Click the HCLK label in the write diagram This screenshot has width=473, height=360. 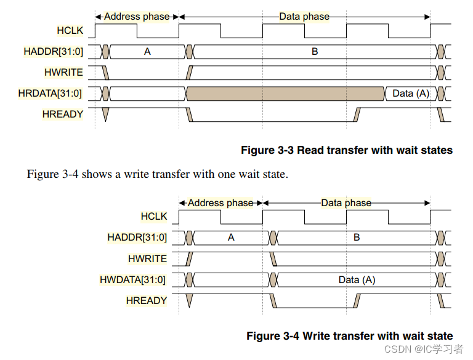(x=153, y=216)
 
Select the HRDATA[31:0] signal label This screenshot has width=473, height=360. (x=50, y=93)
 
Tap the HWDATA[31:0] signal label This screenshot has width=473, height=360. (x=132, y=279)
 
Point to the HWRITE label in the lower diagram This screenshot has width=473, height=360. (x=147, y=258)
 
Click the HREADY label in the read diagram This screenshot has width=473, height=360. (x=62, y=114)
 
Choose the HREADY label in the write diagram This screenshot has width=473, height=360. (x=146, y=300)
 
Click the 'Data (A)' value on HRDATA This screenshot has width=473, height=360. (x=411, y=94)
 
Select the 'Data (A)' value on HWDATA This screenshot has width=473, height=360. (x=357, y=279)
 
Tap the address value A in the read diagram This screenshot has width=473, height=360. (x=147, y=52)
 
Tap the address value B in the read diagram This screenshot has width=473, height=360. (x=315, y=52)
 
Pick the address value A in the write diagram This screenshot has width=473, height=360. (x=231, y=237)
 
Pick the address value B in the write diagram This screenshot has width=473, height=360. (x=357, y=237)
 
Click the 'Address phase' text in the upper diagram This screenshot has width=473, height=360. (x=136, y=17)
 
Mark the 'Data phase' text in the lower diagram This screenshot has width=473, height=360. (x=346, y=202)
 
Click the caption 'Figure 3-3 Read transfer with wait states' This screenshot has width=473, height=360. (x=346, y=150)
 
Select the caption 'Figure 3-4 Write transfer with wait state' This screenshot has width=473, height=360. (x=349, y=335)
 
